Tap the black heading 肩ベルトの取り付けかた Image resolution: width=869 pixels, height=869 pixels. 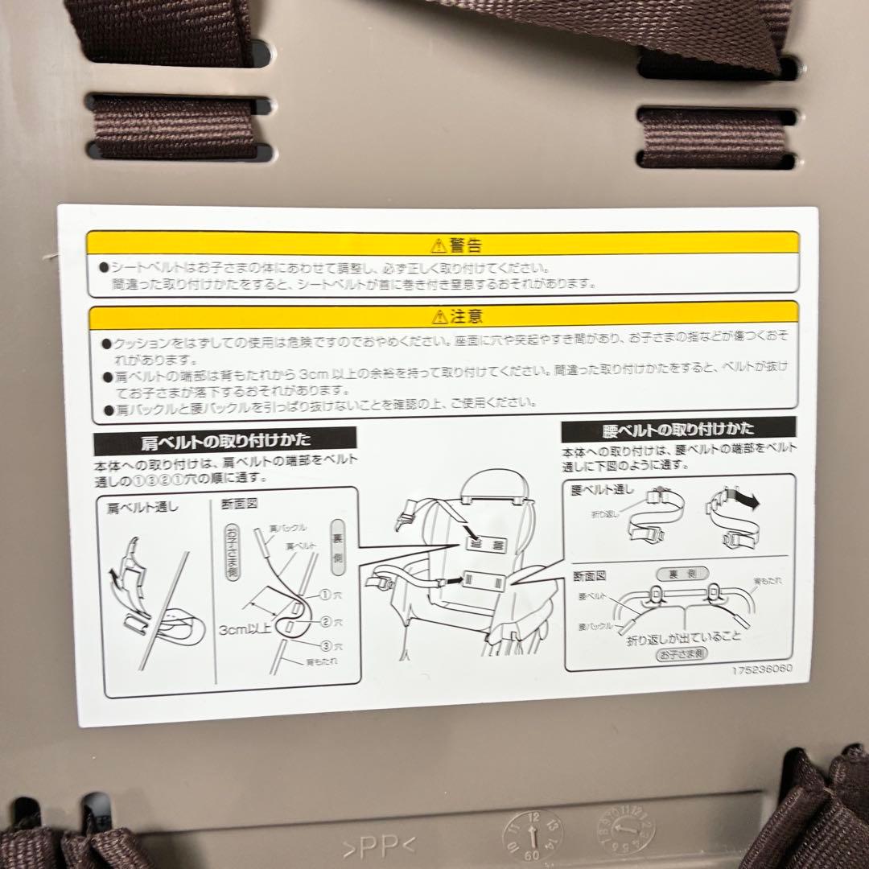tap(225, 440)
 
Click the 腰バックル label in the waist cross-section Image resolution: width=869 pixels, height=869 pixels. tap(596, 624)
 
